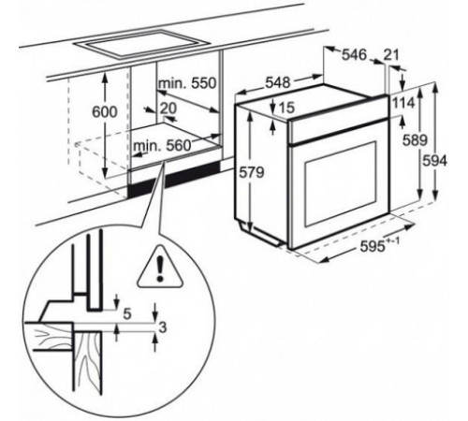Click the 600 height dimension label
105,112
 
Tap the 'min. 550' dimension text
187,83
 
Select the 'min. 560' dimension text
162,145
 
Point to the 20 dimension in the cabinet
168,109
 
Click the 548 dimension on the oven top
278,82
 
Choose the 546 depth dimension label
355,54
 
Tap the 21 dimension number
391,54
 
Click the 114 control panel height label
403,103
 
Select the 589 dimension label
415,140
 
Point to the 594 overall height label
434,161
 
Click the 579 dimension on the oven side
252,172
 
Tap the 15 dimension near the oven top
286,108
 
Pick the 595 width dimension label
379,245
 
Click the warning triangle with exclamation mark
159,268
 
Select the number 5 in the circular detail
126,314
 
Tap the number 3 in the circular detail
163,327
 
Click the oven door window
341,184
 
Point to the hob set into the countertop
140,45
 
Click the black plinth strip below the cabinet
173,179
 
